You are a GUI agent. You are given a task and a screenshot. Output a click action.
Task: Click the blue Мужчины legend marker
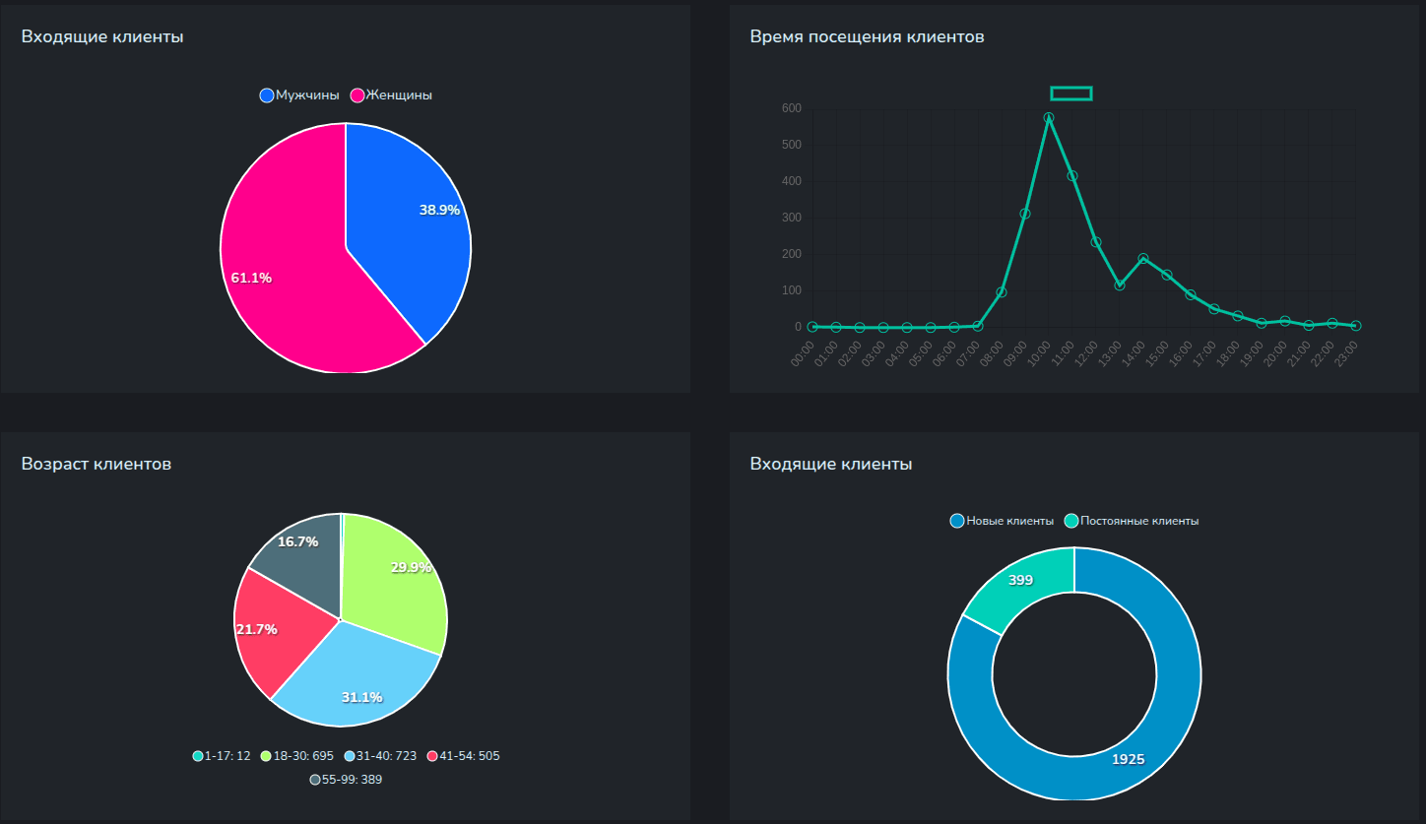pos(267,95)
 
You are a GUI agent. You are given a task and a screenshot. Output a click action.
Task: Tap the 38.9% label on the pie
pos(439,210)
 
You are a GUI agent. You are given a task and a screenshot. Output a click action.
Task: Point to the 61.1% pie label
pos(251,278)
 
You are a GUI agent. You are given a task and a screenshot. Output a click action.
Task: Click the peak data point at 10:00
pos(1049,118)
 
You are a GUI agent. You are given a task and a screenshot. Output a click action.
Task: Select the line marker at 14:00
pos(1143,259)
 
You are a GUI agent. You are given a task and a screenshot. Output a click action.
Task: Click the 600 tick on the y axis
pos(792,108)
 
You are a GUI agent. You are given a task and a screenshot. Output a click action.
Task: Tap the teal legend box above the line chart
pos(1071,94)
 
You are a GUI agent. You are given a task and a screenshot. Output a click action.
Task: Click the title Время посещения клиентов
pos(867,37)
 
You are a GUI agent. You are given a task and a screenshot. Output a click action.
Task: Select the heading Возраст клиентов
pos(97,464)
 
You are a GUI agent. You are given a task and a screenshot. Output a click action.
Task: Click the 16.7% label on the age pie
pos(297,541)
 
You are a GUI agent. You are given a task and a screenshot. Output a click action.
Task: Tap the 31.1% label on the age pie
pos(361,697)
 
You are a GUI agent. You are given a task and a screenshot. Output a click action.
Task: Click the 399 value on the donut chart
pos(1021,580)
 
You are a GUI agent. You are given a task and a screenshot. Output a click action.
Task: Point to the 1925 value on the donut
pos(1129,759)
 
